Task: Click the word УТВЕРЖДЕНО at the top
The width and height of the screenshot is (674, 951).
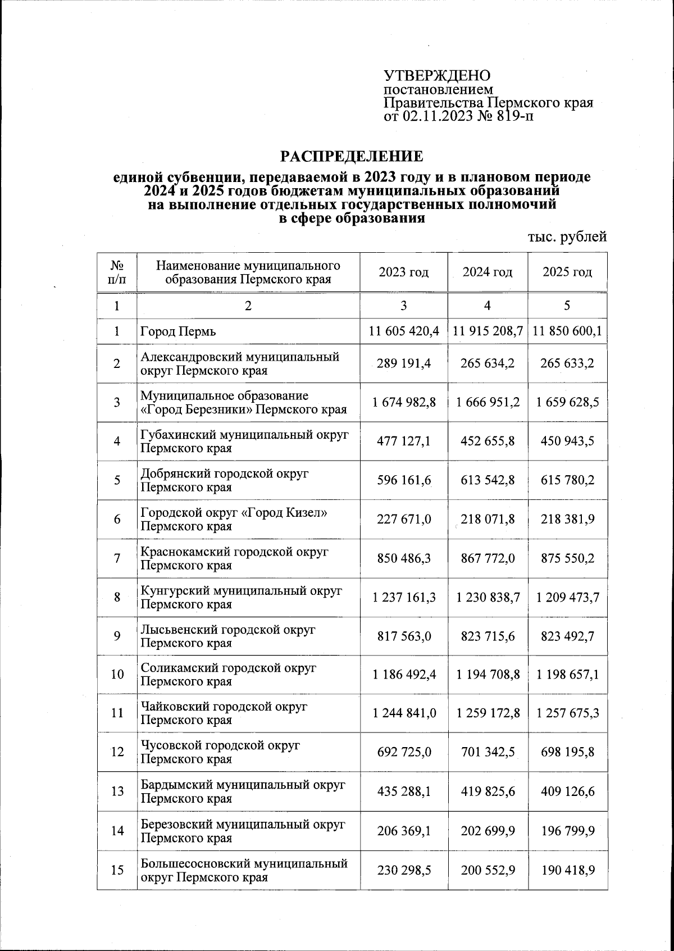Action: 437,76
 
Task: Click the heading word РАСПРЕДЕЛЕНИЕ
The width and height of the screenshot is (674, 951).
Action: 352,156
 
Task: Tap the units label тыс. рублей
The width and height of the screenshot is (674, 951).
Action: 567,237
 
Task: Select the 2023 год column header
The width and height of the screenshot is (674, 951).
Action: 403,272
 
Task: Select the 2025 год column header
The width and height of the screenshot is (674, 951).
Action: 567,272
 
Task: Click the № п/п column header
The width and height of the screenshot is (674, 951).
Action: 117,272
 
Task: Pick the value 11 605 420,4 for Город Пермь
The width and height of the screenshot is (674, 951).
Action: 403,331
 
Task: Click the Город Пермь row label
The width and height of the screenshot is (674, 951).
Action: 178,331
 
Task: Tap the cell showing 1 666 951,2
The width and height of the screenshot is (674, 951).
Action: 488,402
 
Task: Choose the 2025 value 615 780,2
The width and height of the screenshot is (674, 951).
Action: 567,480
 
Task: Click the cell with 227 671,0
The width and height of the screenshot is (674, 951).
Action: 403,519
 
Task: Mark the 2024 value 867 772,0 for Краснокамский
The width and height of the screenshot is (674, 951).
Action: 488,558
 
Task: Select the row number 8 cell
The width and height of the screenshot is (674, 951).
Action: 117,597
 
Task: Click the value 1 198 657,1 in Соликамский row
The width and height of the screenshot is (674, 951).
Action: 567,674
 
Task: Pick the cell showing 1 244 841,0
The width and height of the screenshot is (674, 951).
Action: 403,713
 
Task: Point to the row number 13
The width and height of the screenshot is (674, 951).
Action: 117,791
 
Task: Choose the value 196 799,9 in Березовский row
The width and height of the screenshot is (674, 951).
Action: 567,831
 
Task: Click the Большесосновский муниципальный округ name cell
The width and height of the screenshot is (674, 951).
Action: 244,870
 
